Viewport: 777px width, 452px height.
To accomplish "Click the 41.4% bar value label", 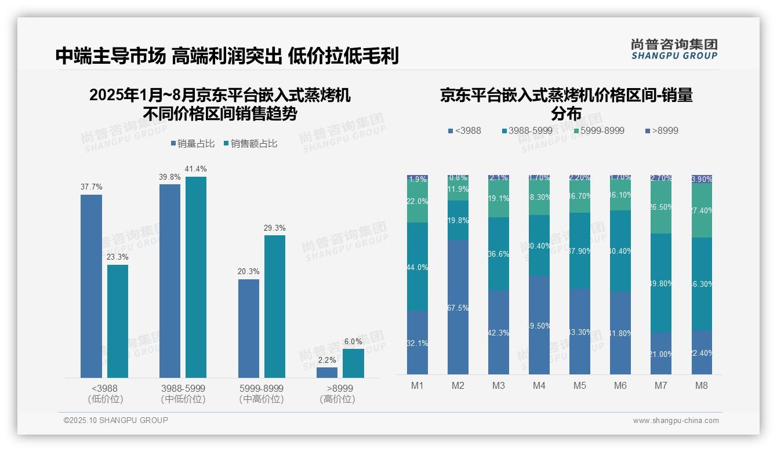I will click(x=195, y=169).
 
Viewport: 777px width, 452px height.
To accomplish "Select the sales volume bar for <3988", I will click(x=91, y=286).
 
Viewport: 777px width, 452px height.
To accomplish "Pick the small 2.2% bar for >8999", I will click(x=326, y=373).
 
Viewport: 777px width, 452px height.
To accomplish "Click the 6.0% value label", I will click(x=353, y=342).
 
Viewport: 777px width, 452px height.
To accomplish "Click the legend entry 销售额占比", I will click(x=250, y=144).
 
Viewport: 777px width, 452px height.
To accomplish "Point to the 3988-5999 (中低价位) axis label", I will click(x=183, y=393).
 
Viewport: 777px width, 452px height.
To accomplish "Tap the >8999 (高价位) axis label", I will click(x=337, y=393).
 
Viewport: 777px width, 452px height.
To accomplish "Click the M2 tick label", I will click(x=458, y=385).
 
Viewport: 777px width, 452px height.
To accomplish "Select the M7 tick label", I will click(x=660, y=385).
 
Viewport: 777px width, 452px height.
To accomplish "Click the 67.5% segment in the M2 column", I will click(x=458, y=307).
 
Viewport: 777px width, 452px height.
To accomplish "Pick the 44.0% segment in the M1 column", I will click(x=417, y=267).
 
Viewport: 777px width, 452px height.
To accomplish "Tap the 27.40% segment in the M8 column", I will click(x=701, y=210).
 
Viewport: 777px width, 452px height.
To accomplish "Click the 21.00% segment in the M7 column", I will click(x=660, y=353).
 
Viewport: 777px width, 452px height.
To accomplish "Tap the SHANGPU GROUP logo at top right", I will click(x=674, y=49).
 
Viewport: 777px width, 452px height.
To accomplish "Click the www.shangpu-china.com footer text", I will click(x=676, y=421).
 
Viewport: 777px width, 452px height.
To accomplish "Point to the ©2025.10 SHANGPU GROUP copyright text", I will click(x=115, y=420).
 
